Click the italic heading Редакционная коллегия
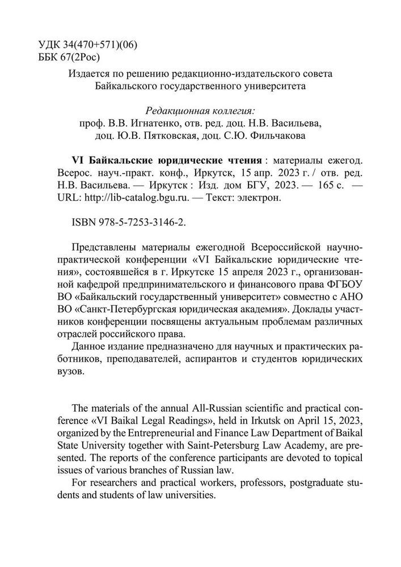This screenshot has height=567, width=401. pyautogui.click(x=201, y=110)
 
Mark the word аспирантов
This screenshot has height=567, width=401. pyautogui.click(x=217, y=361)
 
